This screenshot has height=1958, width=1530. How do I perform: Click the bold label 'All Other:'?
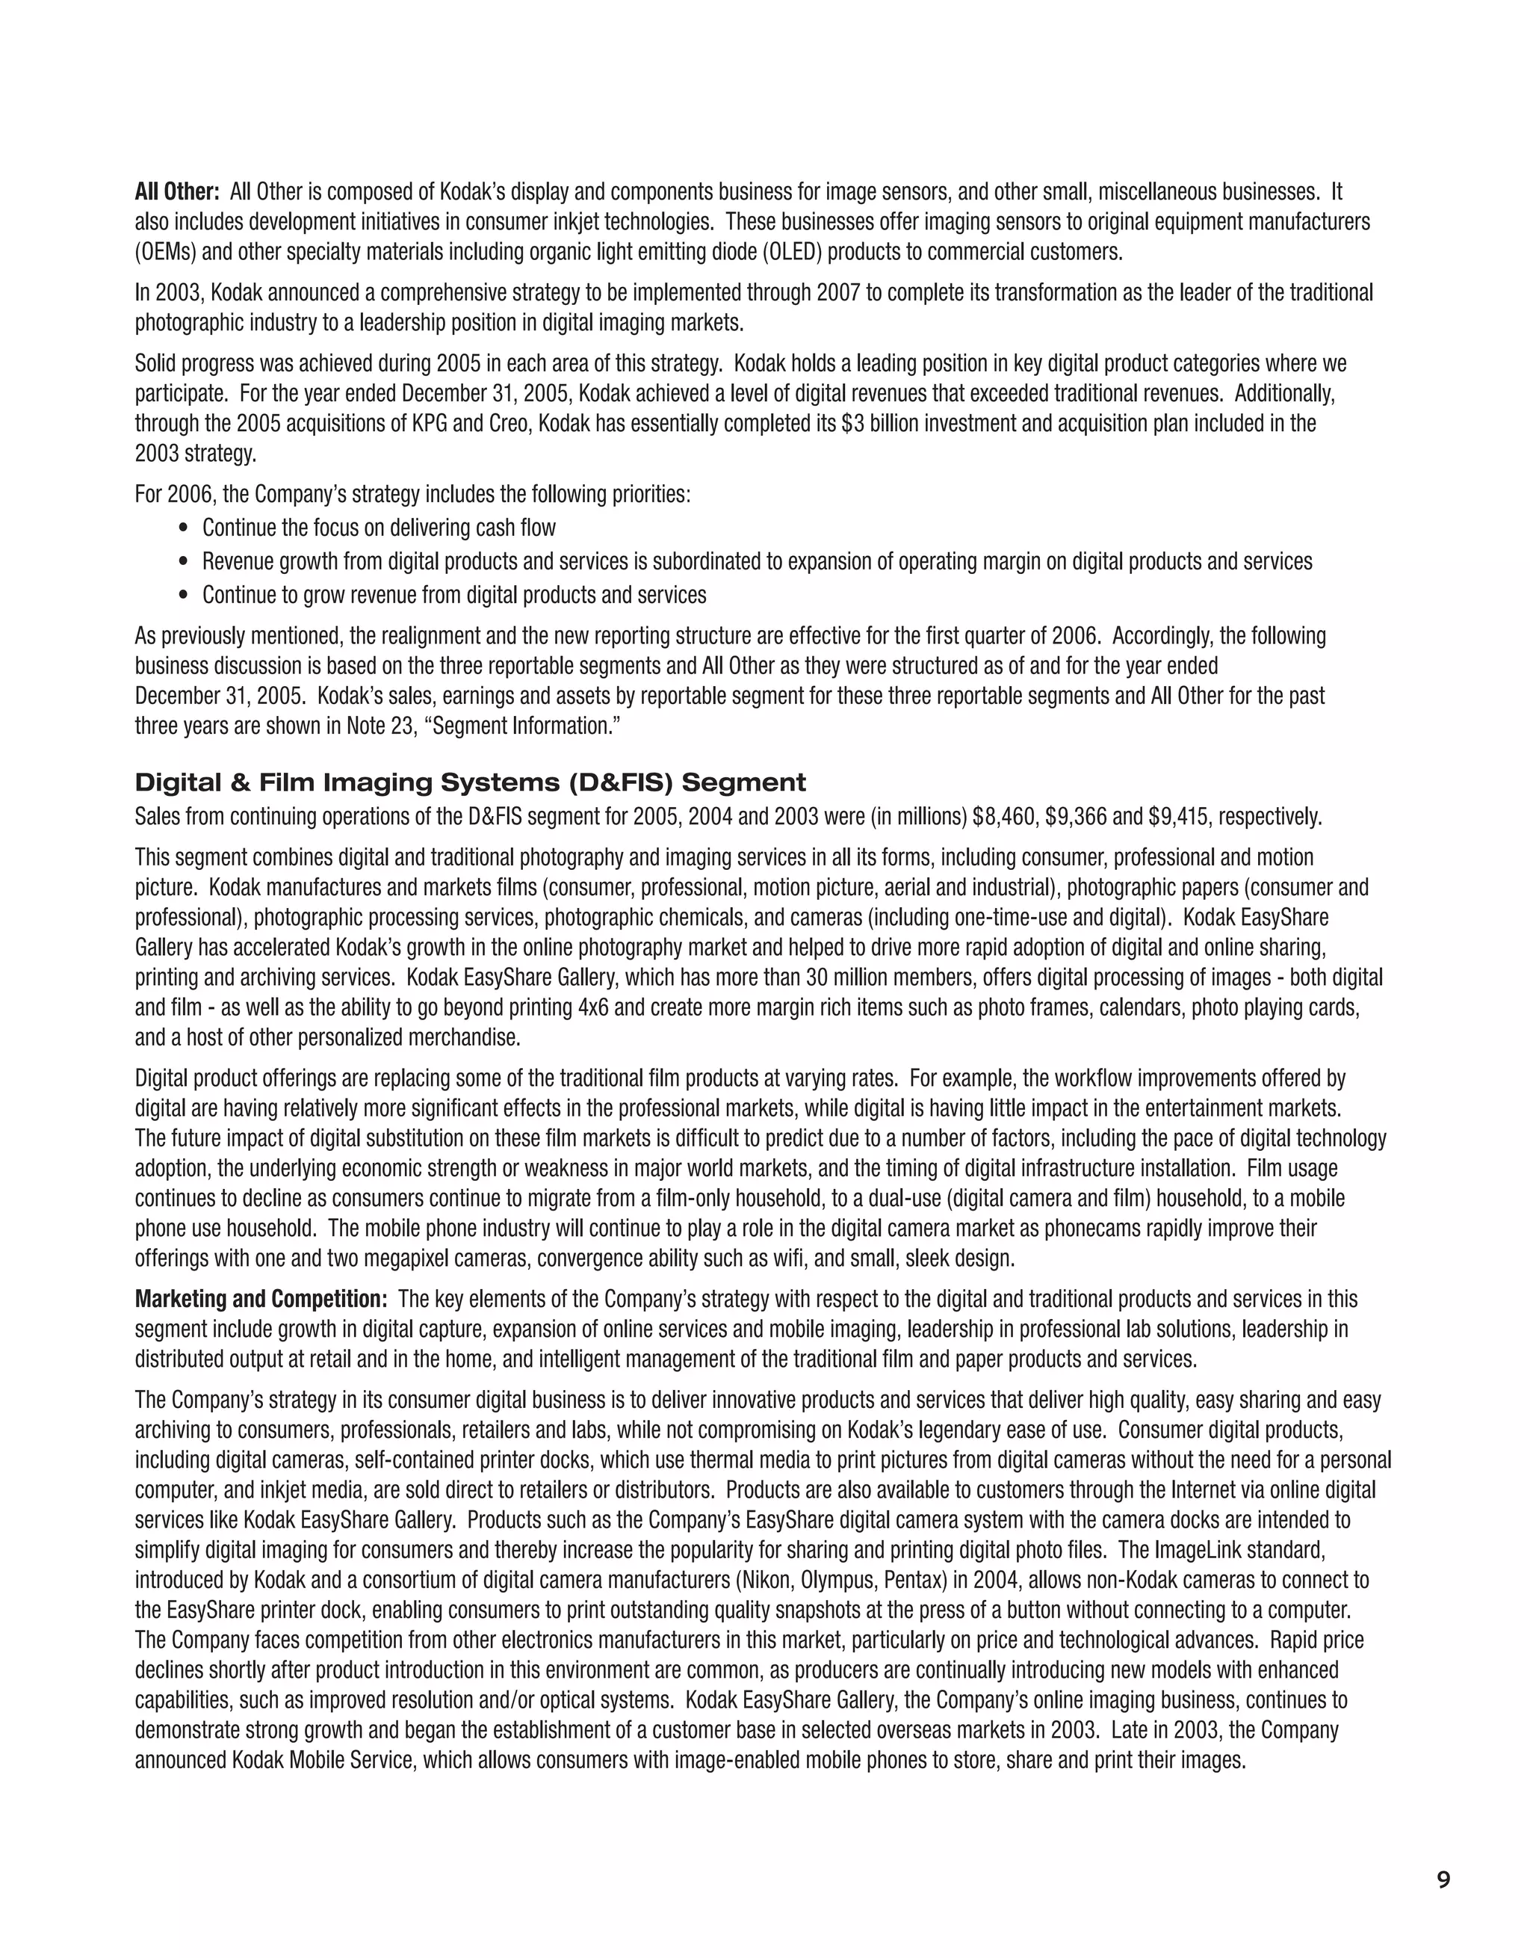coord(176,192)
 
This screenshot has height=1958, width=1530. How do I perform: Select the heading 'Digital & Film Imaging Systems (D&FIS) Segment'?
coord(470,782)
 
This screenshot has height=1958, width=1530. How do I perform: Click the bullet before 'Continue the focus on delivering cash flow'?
coord(185,528)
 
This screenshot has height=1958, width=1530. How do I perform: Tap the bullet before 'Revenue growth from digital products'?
coord(185,562)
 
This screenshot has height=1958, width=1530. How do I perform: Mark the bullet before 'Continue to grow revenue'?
coord(185,596)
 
